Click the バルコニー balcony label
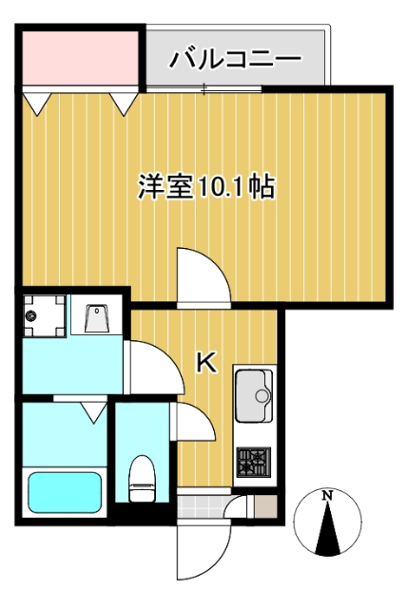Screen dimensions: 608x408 [x=235, y=60]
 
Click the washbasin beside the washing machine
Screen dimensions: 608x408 [x=98, y=316]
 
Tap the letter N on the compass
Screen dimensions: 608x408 [x=326, y=496]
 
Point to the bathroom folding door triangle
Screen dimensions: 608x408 [x=92, y=411]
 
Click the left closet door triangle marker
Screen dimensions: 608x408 [x=36, y=102]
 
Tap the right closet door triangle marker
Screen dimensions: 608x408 [x=124, y=102]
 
